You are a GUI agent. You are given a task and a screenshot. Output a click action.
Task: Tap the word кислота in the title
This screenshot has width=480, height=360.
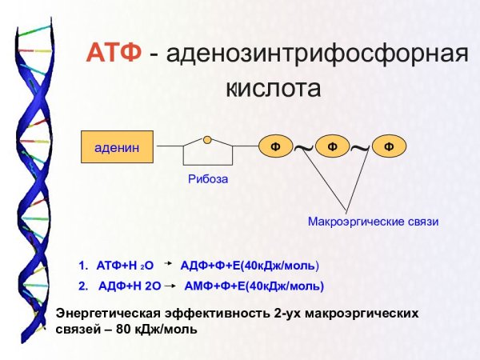pyautogui.click(x=274, y=87)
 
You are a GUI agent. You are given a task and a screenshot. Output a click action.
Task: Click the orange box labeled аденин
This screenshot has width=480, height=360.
pyautogui.click(x=117, y=146)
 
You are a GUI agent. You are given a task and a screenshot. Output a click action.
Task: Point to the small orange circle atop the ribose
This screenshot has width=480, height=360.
pyautogui.click(x=208, y=139)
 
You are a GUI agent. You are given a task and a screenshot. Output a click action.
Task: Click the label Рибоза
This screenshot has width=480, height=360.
pyautogui.click(x=208, y=179)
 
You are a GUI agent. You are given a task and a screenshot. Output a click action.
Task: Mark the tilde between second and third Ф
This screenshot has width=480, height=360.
pyautogui.click(x=361, y=146)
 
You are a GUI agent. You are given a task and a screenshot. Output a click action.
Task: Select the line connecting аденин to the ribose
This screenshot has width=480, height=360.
pyautogui.click(x=168, y=146)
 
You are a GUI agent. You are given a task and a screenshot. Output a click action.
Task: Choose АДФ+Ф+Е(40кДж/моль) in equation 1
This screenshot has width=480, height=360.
pyautogui.click(x=250, y=265)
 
